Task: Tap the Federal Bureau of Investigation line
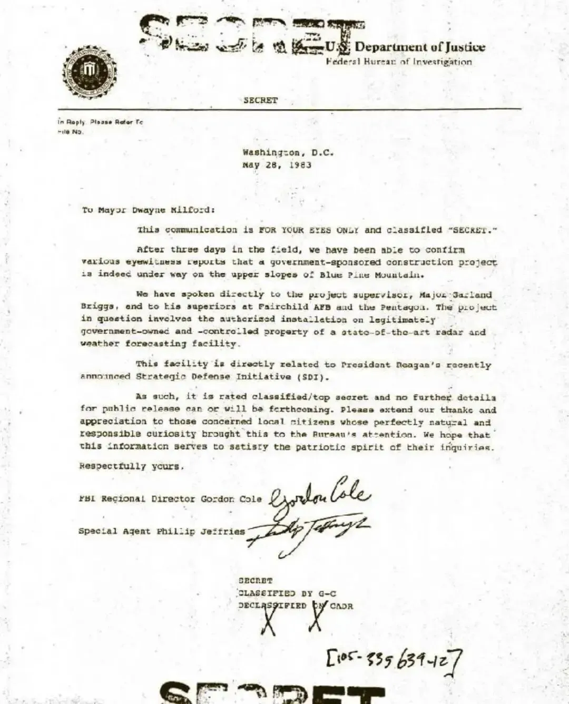tap(399, 62)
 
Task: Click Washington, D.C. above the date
tap(288, 152)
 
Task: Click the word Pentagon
tap(405, 307)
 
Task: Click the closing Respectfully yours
tap(131, 466)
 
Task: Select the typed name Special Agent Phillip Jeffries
tap(161, 531)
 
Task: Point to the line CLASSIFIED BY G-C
tap(287, 593)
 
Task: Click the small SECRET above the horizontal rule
tap(260, 100)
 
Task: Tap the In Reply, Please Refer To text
tap(100, 122)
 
